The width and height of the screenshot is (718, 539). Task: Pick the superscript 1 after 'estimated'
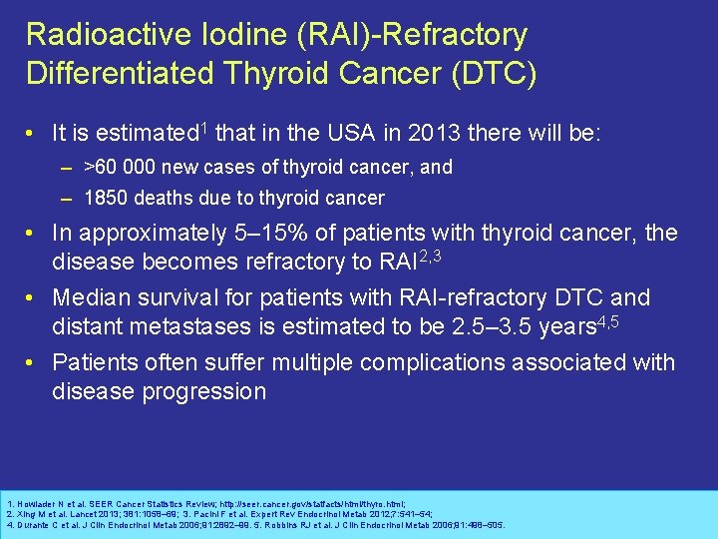pos(204,127)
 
